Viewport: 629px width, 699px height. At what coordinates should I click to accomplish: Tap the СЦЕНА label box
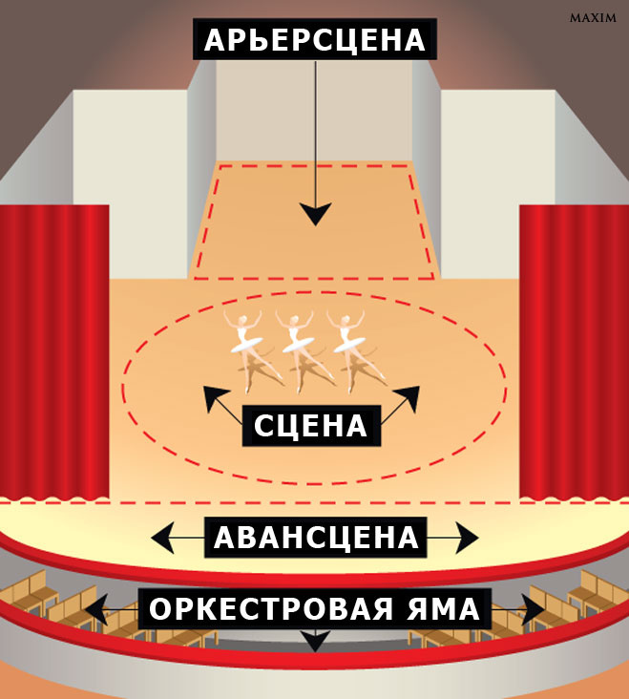(x=311, y=426)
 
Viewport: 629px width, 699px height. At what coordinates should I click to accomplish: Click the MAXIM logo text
(x=592, y=18)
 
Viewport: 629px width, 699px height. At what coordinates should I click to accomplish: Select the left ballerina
(x=246, y=349)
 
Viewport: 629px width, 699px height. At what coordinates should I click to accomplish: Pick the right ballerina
(x=350, y=349)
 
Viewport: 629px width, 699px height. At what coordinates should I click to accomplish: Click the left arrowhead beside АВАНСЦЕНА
(x=161, y=539)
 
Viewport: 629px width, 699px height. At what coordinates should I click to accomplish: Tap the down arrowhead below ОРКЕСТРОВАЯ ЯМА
(x=315, y=644)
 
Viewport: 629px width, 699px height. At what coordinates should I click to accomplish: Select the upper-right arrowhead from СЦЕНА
(x=414, y=394)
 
